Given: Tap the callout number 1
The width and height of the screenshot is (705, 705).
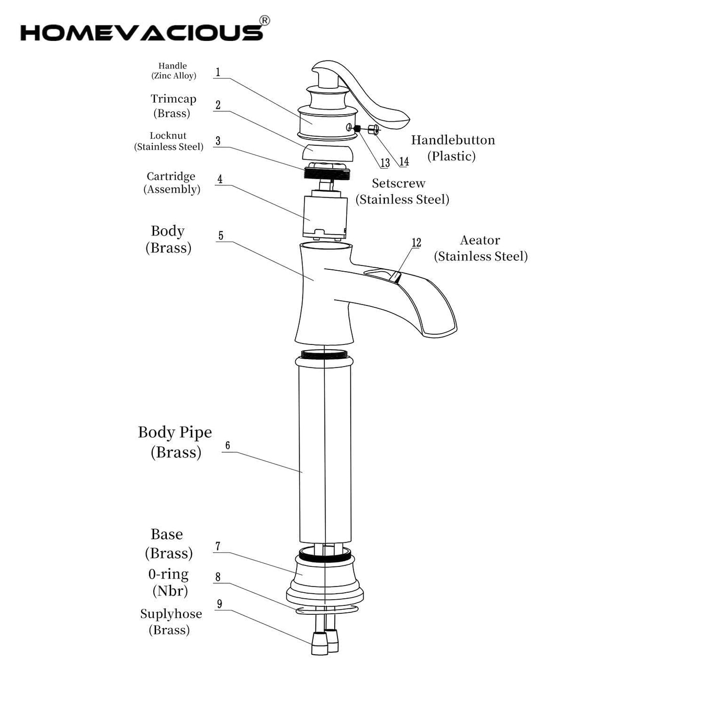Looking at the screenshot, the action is click(218, 72).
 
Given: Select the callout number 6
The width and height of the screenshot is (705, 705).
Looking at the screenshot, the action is click(227, 445).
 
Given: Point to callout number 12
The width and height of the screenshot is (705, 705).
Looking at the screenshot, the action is click(416, 242).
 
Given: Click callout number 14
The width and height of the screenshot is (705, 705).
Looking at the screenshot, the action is click(404, 161).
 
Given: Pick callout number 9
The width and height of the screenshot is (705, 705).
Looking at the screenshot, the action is click(220, 604).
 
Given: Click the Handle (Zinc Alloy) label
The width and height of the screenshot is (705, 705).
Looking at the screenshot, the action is click(173, 71).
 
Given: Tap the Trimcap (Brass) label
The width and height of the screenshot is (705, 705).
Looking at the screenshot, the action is click(173, 106).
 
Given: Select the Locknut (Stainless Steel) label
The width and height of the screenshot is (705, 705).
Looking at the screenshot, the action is click(168, 141).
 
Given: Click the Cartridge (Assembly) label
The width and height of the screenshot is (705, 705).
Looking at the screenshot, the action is click(171, 182).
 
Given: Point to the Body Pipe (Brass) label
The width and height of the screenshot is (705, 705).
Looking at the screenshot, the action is click(175, 443).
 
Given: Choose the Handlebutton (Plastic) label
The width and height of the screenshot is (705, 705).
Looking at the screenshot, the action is click(453, 148).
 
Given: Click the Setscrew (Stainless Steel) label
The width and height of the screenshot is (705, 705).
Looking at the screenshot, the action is click(402, 191).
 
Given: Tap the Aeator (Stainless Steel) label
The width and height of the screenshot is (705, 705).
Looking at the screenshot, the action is click(481, 248).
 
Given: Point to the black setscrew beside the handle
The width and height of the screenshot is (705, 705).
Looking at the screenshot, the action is click(358, 128).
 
